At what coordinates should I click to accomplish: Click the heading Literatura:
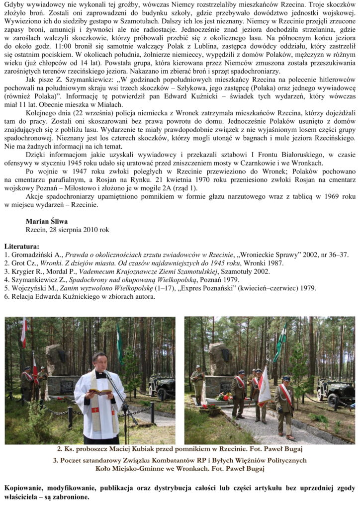(21, 246)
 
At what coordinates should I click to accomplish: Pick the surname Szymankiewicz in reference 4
(37, 280)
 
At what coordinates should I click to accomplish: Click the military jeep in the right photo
(335, 391)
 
